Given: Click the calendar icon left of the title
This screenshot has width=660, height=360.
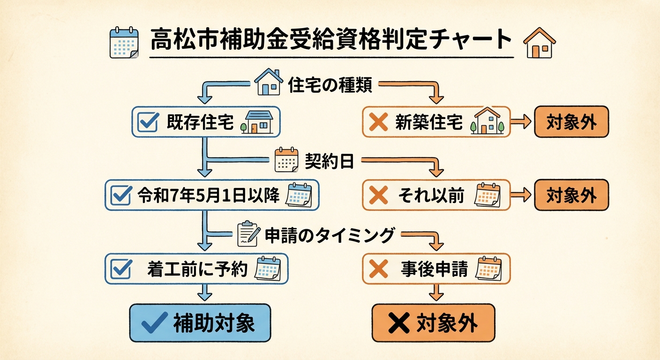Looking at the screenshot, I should tap(124, 43).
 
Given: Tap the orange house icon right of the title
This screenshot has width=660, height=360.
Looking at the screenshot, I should tap(539, 43).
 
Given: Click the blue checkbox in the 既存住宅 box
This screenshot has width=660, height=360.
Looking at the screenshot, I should tap(149, 122).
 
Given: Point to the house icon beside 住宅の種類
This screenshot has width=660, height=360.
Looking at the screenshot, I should tap(269, 83).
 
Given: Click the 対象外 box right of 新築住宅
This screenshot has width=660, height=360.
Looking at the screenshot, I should tap(571, 122).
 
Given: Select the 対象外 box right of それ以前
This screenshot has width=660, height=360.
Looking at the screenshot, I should tap(571, 195).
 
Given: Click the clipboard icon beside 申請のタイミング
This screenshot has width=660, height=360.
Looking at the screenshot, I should tap(248, 234).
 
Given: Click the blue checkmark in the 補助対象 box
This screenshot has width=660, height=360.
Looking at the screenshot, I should tap(154, 322).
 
